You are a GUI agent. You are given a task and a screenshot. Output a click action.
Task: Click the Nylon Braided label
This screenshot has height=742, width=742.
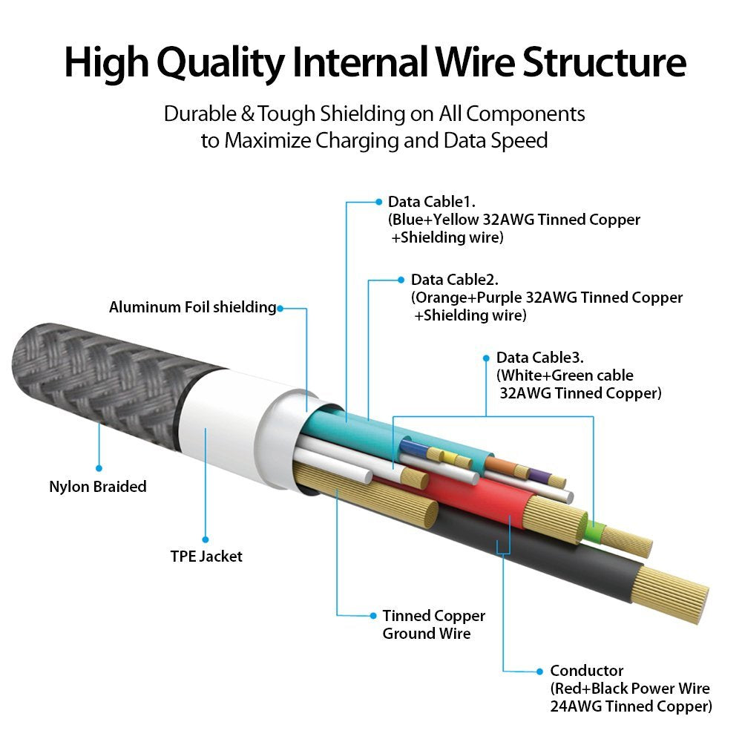98,487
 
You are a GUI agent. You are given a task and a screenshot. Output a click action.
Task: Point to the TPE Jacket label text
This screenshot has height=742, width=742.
206,556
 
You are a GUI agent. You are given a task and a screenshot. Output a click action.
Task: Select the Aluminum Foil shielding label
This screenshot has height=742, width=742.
192,307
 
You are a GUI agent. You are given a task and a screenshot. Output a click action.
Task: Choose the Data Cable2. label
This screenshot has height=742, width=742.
455,280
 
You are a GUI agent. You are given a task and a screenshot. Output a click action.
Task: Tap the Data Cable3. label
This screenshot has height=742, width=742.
542,358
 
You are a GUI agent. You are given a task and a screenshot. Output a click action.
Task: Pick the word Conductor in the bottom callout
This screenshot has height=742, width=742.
587,671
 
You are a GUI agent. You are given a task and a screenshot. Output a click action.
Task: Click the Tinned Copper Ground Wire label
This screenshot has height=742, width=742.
433,624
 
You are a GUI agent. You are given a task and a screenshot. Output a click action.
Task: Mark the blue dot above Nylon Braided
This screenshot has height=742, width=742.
98,468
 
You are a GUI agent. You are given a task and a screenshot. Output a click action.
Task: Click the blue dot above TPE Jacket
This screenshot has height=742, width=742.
206,539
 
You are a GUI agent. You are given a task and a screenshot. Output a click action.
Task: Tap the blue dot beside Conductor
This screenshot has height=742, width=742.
539,671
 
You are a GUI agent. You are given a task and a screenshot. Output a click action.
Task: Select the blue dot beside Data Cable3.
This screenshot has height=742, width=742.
486,358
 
